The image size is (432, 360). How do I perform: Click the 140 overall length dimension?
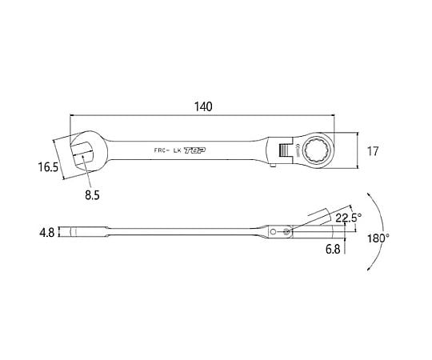coord(204,107)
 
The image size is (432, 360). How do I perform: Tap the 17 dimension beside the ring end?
coord(373,151)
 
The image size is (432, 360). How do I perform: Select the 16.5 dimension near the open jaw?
coord(48,167)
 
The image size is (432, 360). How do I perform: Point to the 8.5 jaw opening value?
coord(92,195)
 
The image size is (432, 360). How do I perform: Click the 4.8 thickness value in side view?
coord(47,233)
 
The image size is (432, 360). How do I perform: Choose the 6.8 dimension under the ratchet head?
coord(333,250)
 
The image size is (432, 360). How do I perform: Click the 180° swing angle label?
coord(379,238)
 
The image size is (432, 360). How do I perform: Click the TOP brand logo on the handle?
coord(194,150)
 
